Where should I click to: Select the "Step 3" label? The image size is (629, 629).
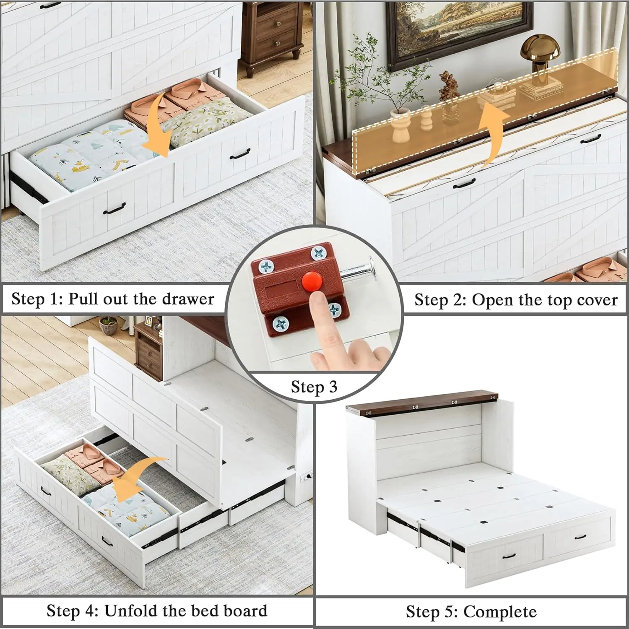point(314,387)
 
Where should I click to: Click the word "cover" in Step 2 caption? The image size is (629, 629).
point(597,300)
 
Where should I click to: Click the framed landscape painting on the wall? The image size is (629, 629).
point(459,29)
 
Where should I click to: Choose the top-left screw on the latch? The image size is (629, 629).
point(267,266)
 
